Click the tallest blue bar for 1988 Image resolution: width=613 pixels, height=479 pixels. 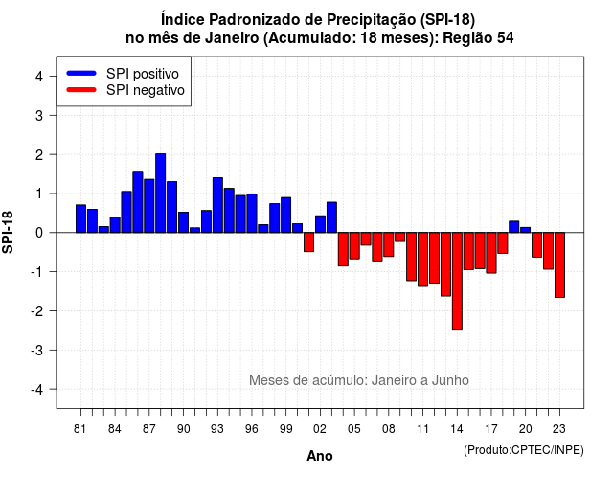(160, 194)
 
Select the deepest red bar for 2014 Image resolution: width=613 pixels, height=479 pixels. (457, 281)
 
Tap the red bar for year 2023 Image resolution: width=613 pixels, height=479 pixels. (559, 265)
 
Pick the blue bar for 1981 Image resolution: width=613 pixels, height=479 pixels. (80, 218)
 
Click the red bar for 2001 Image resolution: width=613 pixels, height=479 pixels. (308, 242)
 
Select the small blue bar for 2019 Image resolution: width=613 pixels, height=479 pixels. (514, 227)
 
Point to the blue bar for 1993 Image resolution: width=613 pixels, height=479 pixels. (217, 205)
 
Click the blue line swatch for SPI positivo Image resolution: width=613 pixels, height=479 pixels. (81, 73)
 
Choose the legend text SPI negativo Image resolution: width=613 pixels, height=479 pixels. (145, 90)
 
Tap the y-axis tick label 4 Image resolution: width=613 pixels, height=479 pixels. (39, 77)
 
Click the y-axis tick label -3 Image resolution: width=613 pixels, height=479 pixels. (36, 351)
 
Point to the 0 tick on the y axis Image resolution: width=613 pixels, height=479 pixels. (39, 233)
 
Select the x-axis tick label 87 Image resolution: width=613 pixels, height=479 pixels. (149, 429)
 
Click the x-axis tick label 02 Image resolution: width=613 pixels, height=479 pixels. (320, 429)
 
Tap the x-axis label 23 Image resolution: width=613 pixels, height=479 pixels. (559, 429)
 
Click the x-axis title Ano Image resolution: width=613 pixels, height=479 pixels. (320, 456)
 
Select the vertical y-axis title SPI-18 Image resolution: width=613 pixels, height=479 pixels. (8, 232)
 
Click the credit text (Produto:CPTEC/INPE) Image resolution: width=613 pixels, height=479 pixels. (524, 450)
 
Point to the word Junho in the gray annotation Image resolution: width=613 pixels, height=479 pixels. (450, 380)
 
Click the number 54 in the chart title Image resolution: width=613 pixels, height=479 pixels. (505, 38)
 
